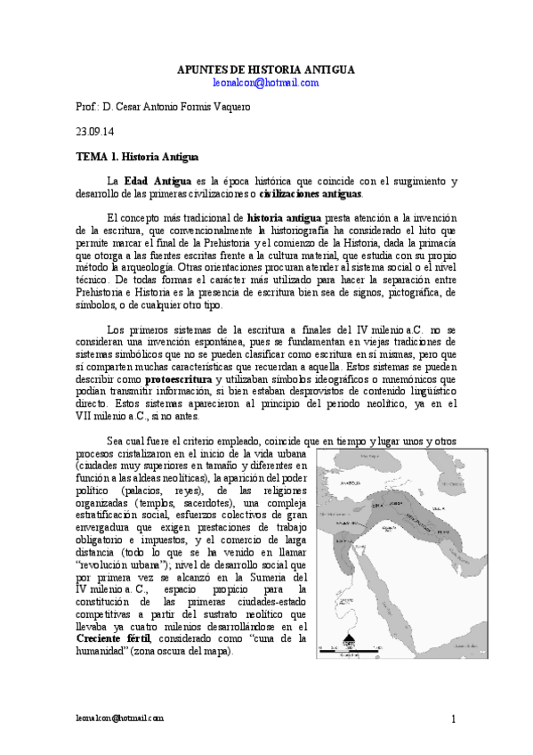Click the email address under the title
click(x=266, y=82)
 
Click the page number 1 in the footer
click(x=454, y=719)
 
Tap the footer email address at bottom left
click(x=120, y=718)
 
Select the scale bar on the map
click(x=349, y=652)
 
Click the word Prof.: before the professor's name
click(x=86, y=107)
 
